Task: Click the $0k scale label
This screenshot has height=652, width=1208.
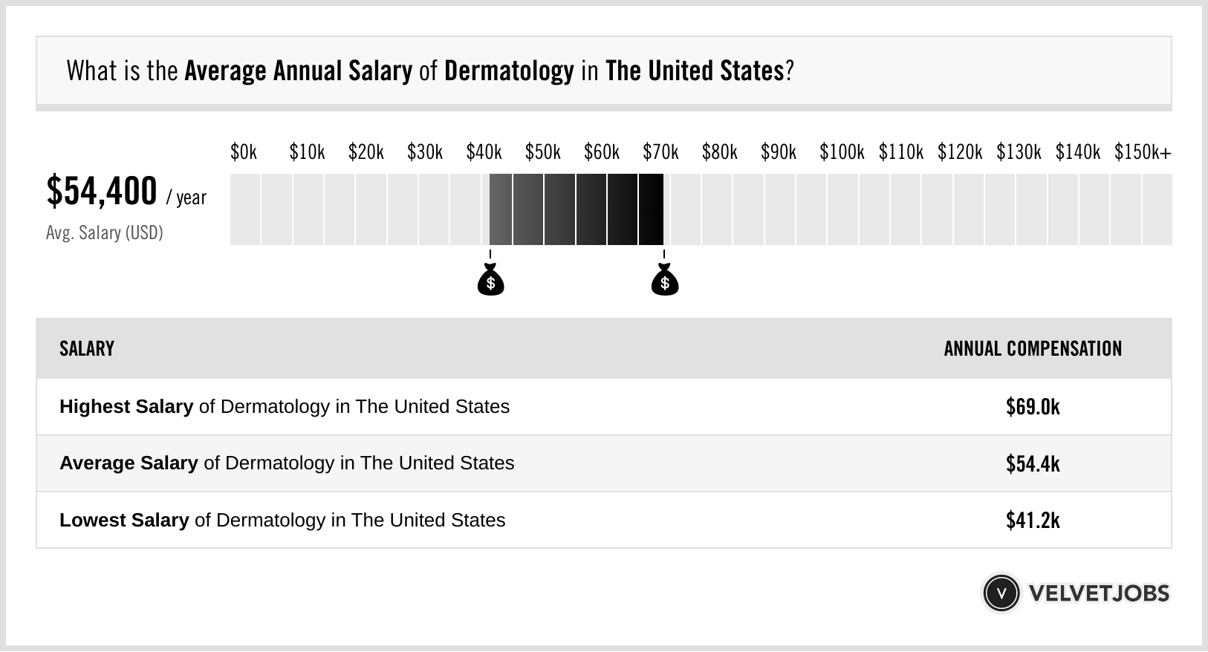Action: pyautogui.click(x=244, y=152)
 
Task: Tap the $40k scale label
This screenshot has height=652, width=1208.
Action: pyautogui.click(x=484, y=152)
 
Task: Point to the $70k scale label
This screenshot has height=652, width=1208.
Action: pyautogui.click(x=660, y=152)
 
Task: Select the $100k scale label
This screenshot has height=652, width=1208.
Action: pyautogui.click(x=841, y=152)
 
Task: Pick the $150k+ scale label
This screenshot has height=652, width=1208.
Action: pyautogui.click(x=1142, y=152)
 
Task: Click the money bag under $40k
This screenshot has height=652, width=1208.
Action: pyautogui.click(x=490, y=281)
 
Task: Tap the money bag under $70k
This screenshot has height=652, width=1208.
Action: pyautogui.click(x=665, y=281)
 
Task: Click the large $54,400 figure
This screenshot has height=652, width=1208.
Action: pyautogui.click(x=102, y=192)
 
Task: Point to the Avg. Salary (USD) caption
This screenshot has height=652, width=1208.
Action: pyautogui.click(x=104, y=233)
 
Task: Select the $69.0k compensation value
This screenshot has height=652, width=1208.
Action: pyautogui.click(x=1033, y=407)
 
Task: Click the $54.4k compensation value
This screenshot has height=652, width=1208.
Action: pyautogui.click(x=1033, y=463)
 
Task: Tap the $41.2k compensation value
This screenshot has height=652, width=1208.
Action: pyautogui.click(x=1033, y=520)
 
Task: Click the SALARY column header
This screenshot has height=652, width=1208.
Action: pyautogui.click(x=87, y=349)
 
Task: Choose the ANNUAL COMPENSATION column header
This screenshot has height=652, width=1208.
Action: pyautogui.click(x=1033, y=349)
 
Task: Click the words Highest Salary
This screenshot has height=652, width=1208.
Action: pyautogui.click(x=126, y=407)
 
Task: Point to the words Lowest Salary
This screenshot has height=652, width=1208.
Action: pyautogui.click(x=124, y=520)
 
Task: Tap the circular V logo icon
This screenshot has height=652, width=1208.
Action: pyautogui.click(x=1001, y=593)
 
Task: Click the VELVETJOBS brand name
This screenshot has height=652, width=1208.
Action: pyautogui.click(x=1099, y=593)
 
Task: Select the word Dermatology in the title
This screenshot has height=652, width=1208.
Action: pyautogui.click(x=509, y=71)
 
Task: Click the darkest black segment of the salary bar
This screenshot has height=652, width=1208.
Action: pyautogui.click(x=651, y=209)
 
